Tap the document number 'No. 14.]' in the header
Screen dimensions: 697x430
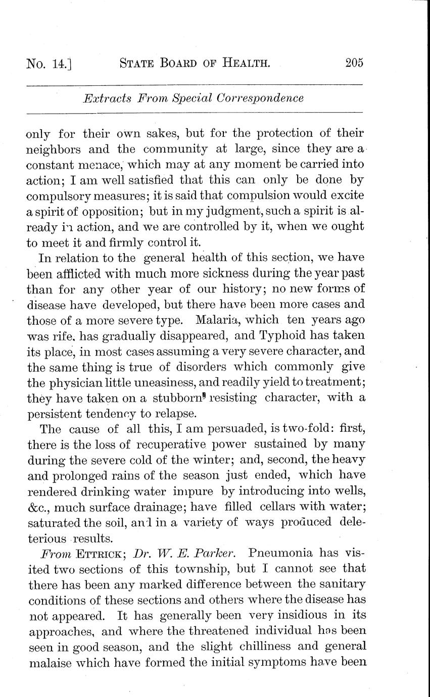(49, 64)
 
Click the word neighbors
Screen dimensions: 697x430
(54, 150)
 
